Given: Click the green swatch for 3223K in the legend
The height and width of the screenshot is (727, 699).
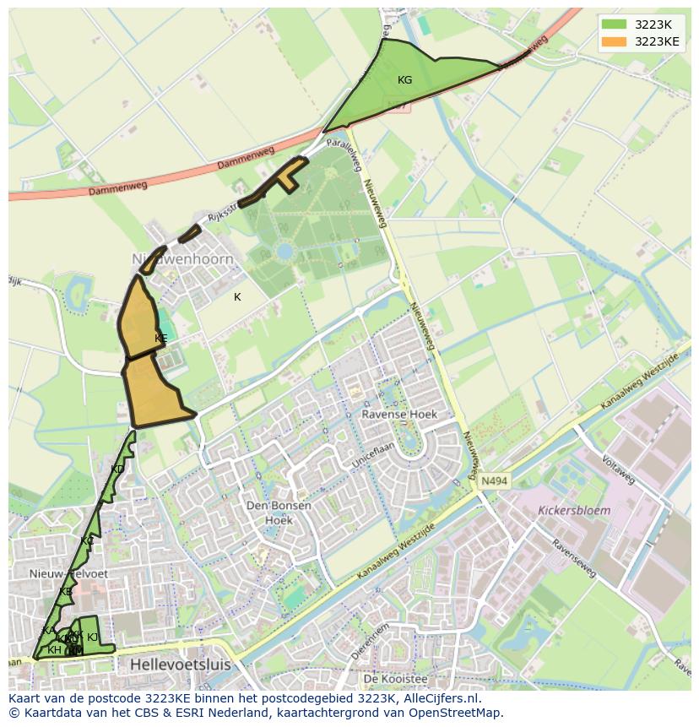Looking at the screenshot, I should click(x=615, y=24).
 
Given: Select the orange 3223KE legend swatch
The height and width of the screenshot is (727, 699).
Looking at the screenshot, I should click(x=615, y=41).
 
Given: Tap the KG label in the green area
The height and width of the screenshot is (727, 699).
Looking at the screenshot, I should click(x=404, y=80).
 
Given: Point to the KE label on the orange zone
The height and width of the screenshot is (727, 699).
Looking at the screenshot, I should click(x=160, y=338).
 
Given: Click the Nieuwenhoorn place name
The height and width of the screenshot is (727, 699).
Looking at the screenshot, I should click(x=182, y=259).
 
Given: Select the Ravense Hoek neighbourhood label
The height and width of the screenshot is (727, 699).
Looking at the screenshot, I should click(x=399, y=415).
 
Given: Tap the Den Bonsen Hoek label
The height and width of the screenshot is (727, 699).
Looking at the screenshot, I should click(x=279, y=513).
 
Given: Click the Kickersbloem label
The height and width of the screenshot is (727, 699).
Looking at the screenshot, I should click(x=574, y=511).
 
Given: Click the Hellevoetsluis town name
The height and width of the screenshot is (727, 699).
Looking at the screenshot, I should click(x=180, y=665).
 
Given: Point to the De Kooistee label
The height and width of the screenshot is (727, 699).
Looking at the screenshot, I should click(x=395, y=679).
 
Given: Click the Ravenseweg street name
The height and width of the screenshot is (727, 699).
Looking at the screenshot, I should click(x=573, y=559).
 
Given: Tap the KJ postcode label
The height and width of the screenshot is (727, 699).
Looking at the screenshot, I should click(x=93, y=637).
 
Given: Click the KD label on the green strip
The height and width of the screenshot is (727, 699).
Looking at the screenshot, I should click(x=117, y=469).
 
